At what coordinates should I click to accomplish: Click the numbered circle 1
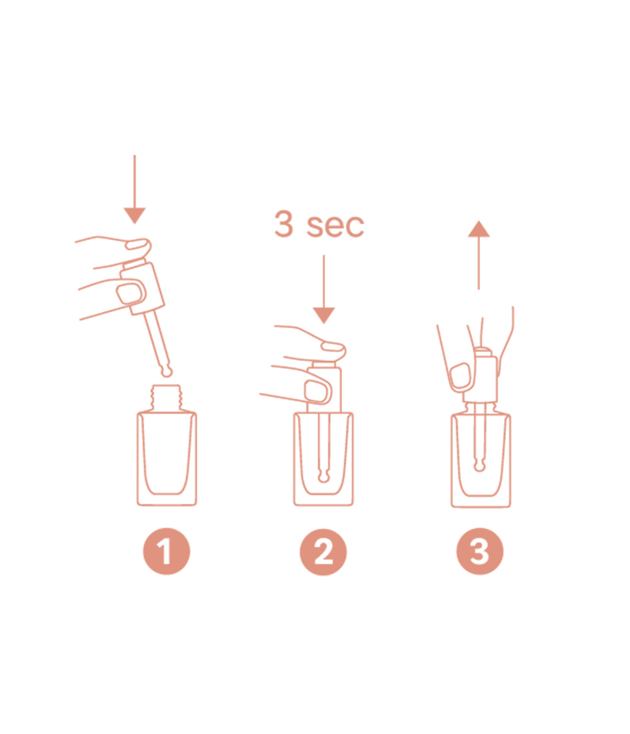pos(166,552)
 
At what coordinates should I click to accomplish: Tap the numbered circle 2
pos(323,552)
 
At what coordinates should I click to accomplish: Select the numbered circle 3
pos(479,552)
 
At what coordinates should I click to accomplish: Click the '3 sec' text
pos(319,225)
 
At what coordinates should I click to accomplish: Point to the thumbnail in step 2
pos(315,391)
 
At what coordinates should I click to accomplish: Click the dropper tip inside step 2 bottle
pos(323,475)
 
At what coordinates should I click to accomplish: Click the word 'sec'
pos(335,226)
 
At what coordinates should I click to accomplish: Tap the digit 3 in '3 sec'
pos(284,224)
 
